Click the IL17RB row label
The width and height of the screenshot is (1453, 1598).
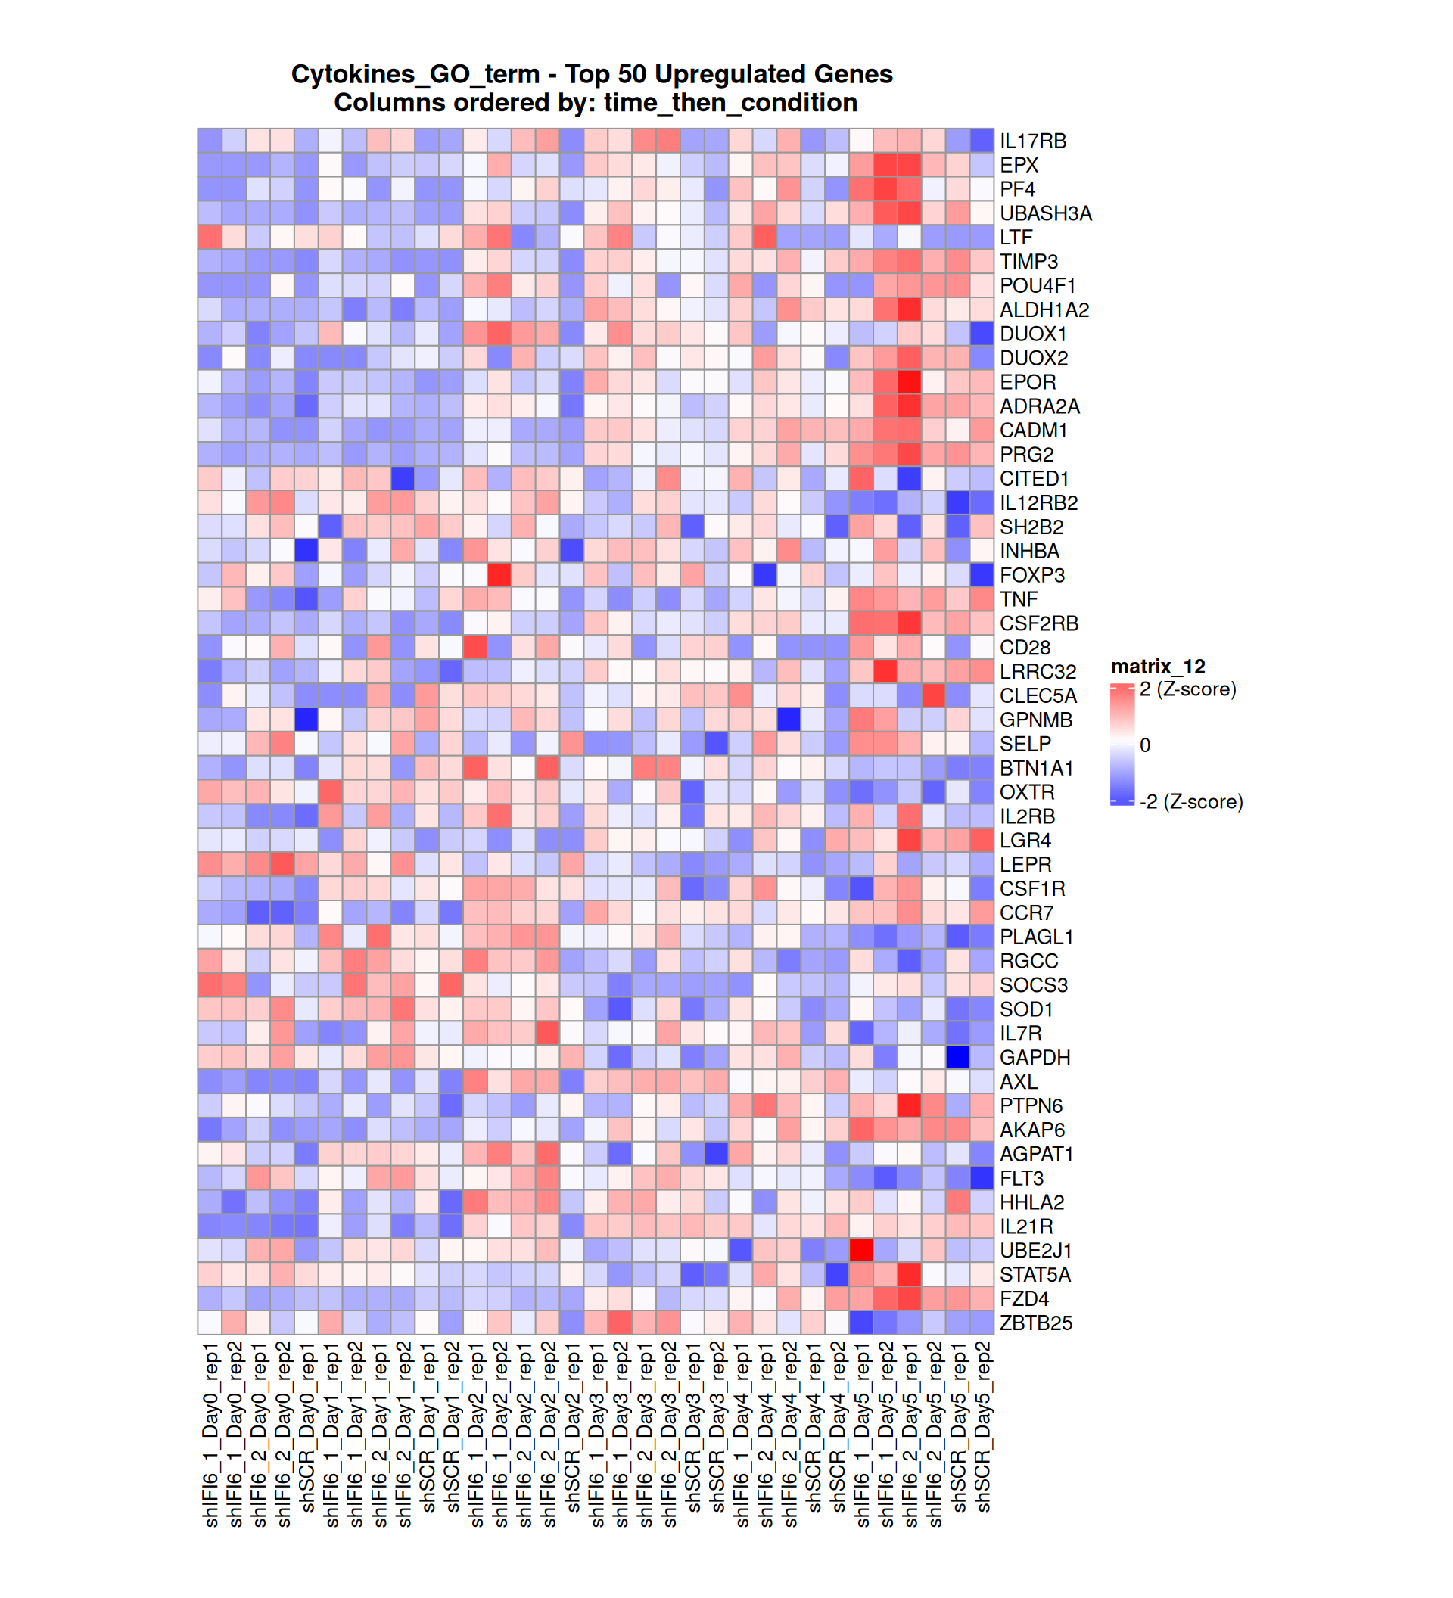click(x=1032, y=141)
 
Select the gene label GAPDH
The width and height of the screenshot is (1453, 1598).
click(x=1035, y=1058)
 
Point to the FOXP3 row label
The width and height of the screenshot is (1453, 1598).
click(x=1031, y=576)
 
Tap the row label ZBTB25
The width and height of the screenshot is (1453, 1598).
click(x=1035, y=1323)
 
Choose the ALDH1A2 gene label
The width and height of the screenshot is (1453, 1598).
click(x=1044, y=310)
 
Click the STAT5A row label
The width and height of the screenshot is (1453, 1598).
click(x=1035, y=1275)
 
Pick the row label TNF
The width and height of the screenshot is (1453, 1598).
click(x=1018, y=599)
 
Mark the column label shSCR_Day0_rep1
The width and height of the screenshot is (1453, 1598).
click(x=306, y=1427)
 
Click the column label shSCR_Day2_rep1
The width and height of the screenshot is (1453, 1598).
click(x=572, y=1427)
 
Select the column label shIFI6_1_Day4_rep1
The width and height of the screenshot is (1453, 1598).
click(x=741, y=1435)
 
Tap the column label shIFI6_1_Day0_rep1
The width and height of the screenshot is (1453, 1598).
click(x=210, y=1435)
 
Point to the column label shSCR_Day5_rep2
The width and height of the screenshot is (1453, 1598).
click(x=982, y=1427)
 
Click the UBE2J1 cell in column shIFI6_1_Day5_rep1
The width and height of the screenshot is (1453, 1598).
click(x=861, y=1251)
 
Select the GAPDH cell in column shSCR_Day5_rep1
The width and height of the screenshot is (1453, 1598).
click(x=957, y=1058)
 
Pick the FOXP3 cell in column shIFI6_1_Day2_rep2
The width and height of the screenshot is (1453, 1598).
click(x=499, y=576)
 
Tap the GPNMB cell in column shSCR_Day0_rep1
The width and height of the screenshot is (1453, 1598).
click(x=306, y=720)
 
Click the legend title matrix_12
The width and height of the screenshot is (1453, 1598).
click(x=1157, y=667)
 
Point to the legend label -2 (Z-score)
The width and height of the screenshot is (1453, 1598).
click(x=1190, y=802)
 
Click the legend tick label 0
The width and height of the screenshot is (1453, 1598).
click(x=1145, y=746)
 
